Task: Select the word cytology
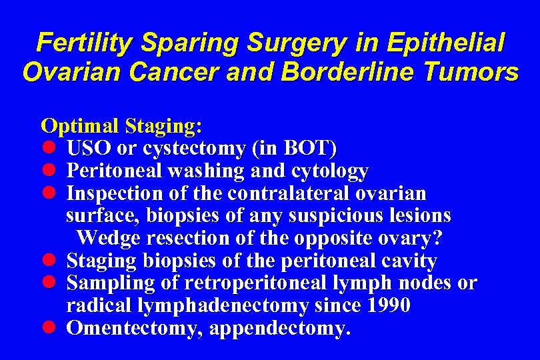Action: (329, 171)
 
